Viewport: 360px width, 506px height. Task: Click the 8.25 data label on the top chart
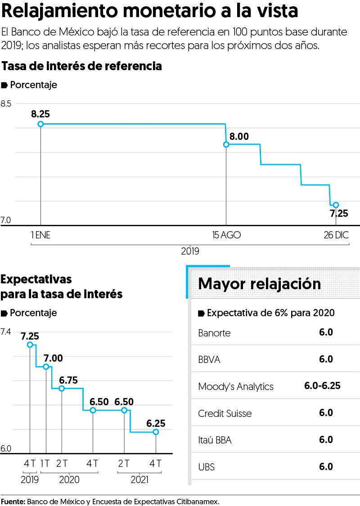[x=40, y=114]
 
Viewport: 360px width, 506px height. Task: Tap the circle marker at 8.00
[x=226, y=144]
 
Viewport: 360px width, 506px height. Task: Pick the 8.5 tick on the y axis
[x=6, y=104]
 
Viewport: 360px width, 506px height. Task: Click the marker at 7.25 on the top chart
[x=336, y=205]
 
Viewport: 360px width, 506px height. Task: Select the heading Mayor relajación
[x=260, y=284]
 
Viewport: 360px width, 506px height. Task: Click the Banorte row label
[x=214, y=333]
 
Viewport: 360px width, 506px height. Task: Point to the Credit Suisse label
[x=225, y=413]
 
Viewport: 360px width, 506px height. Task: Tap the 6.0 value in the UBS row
[x=326, y=466]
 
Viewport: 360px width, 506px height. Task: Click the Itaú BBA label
[x=215, y=440]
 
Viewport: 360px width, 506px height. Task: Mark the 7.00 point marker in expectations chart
[x=46, y=367]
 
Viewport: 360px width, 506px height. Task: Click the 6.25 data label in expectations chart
[x=156, y=423]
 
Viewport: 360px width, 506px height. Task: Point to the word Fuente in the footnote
[x=13, y=501]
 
